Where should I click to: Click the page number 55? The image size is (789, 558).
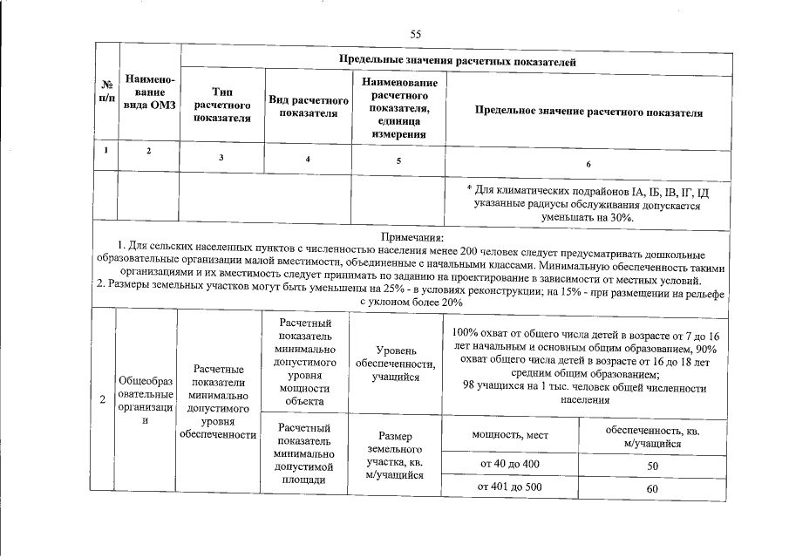coord(416,33)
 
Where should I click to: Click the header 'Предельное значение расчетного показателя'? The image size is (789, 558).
coord(588,113)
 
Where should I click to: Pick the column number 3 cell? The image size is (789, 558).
coord(221,157)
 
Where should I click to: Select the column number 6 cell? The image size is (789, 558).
coord(588,163)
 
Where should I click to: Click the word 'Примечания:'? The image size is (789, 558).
coord(412,238)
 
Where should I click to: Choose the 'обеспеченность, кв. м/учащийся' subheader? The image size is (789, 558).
coord(652,438)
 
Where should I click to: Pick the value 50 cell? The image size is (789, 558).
coord(652,467)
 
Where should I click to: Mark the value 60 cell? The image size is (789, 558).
coord(652,489)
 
